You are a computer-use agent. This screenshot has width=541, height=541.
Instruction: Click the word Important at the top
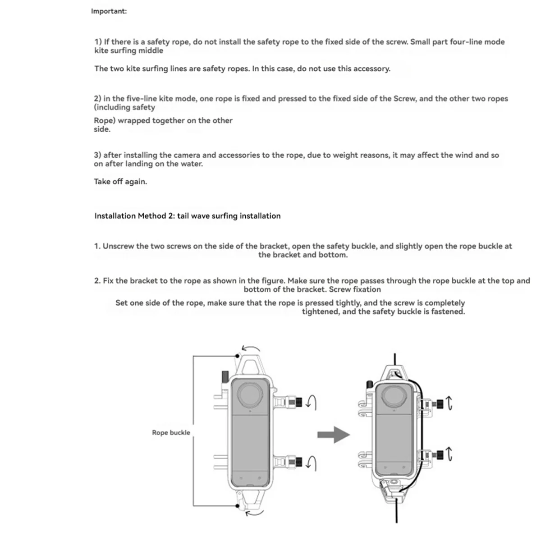pyautogui.click(x=109, y=11)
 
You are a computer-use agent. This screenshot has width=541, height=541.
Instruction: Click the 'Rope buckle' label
pyautogui.click(x=171, y=433)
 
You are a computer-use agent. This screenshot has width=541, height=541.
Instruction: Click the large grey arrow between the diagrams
pyautogui.click(x=333, y=435)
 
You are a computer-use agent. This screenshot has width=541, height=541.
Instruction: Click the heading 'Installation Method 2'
pyautogui.click(x=187, y=216)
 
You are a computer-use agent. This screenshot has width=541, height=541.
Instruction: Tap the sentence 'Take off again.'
pyautogui.click(x=120, y=182)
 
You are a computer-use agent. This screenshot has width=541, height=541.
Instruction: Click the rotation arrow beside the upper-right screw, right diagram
pyautogui.click(x=449, y=403)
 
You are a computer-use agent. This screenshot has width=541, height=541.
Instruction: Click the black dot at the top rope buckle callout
pyautogui.click(x=238, y=356)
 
